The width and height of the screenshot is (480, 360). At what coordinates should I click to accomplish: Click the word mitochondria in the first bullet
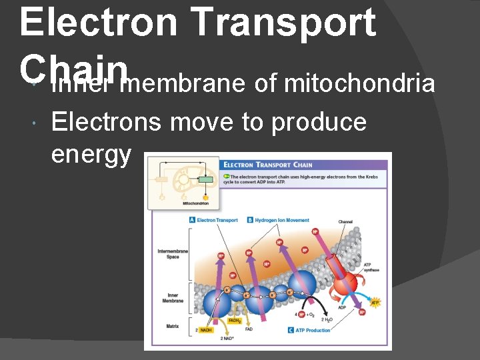[x=360, y=85]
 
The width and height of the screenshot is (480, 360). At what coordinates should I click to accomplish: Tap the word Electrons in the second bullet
[x=106, y=122]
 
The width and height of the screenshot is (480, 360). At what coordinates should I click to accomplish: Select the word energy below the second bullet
[x=91, y=154]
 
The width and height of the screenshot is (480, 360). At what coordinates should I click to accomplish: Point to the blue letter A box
[x=193, y=219]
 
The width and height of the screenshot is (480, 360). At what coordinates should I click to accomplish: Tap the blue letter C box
[x=291, y=330]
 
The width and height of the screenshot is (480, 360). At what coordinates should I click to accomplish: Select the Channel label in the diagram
[x=345, y=222]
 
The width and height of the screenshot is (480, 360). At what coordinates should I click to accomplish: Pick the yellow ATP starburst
[x=375, y=303]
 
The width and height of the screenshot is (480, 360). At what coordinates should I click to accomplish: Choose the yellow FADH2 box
[x=235, y=321]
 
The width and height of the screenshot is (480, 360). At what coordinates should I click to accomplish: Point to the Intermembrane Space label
[x=173, y=253]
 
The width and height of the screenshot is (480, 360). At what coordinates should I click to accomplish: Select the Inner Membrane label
[x=173, y=297]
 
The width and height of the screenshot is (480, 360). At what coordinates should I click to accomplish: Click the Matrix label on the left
[x=173, y=326]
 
